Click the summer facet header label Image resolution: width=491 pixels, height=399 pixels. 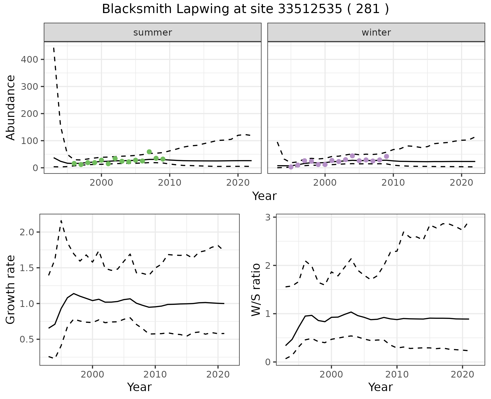[x=153, y=32]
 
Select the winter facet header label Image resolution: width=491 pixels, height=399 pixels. [x=376, y=32]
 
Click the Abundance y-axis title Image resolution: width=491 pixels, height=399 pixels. [x=11, y=107]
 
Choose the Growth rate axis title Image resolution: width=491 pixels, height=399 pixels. [x=11, y=290]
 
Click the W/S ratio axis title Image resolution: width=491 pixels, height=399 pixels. [x=256, y=290]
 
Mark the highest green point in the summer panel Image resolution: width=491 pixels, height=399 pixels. [x=149, y=152]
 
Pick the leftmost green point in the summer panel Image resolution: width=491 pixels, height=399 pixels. [x=74, y=163]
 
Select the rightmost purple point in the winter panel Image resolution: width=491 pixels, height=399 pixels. [x=386, y=156]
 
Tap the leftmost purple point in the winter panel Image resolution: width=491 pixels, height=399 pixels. [x=291, y=167]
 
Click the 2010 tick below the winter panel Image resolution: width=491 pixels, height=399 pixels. [x=393, y=183]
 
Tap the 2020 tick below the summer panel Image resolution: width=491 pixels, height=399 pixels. [x=238, y=183]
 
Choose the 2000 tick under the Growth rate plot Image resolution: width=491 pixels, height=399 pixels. [x=92, y=374]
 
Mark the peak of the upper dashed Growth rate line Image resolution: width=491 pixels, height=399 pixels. [x=61, y=220]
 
